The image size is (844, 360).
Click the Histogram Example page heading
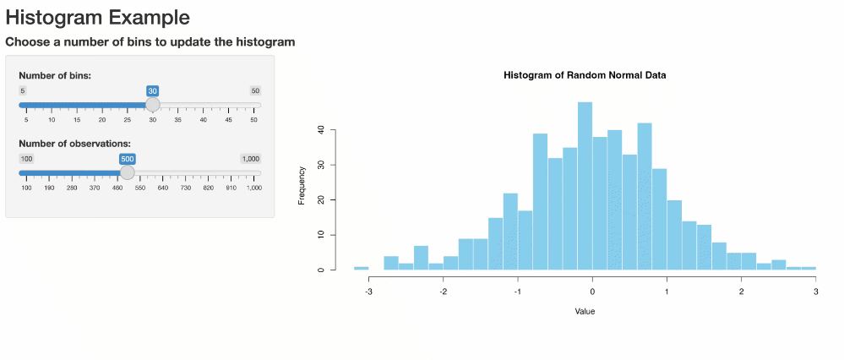pos(97,17)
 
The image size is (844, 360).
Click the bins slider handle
pos(152,104)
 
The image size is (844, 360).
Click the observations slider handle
pos(127,172)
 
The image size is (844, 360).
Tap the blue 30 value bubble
pos(152,90)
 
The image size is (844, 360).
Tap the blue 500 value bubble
pos(128,159)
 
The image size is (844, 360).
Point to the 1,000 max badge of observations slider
pos(250,159)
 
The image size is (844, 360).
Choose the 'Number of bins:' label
pos(55,76)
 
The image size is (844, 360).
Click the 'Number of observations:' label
pos(74,144)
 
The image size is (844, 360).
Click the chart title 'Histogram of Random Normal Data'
pos(585,75)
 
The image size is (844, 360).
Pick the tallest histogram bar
pos(585,186)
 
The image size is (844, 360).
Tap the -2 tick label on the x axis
pos(443,292)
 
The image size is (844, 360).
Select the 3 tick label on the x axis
pos(815,292)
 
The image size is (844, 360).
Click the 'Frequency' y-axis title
pos(302,186)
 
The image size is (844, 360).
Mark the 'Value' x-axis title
pos(585,312)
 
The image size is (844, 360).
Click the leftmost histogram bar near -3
pos(361,268)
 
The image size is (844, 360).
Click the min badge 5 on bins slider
pos(23,90)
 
